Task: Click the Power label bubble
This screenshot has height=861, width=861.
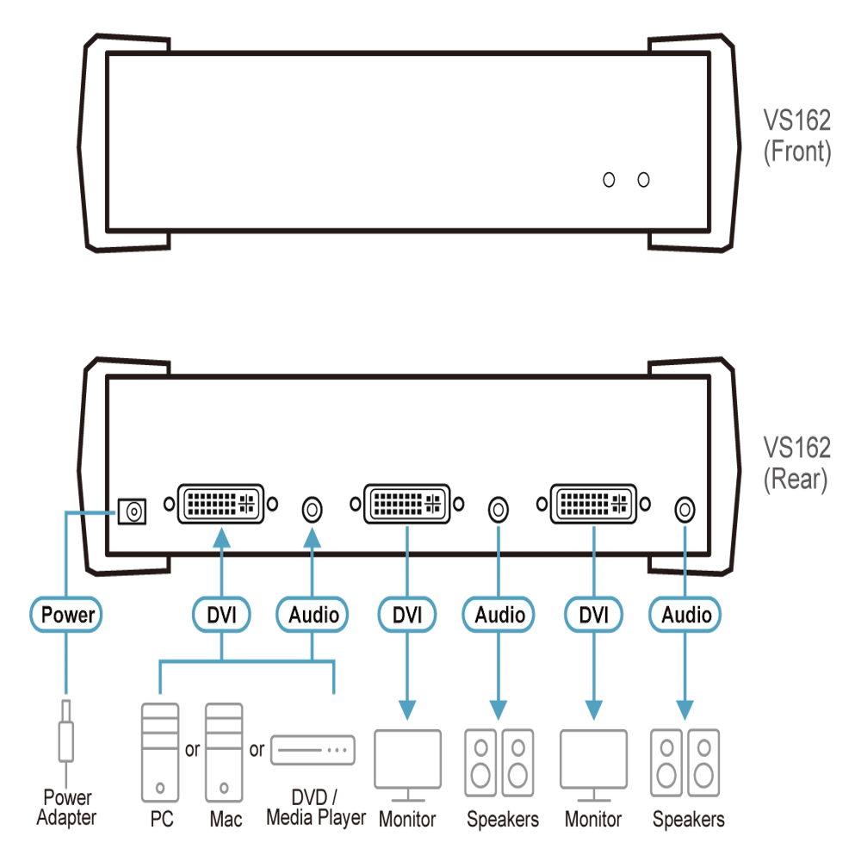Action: [66, 615]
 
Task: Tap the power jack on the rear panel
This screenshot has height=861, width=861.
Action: [133, 511]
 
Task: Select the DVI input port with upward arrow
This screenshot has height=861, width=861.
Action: [220, 504]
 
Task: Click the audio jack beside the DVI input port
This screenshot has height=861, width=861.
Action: [312, 510]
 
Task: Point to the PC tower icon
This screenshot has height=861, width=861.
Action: [160, 753]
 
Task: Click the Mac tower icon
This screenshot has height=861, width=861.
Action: [224, 753]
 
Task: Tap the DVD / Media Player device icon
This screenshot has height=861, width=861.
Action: [313, 750]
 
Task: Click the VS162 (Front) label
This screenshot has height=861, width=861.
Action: [796, 136]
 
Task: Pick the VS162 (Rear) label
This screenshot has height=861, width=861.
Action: [796, 463]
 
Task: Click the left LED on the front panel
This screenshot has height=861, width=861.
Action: [609, 180]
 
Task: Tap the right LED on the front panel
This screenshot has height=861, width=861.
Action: [643, 180]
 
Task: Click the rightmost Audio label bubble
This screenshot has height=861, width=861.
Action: [684, 615]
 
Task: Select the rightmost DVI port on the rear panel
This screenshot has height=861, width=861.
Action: [593, 504]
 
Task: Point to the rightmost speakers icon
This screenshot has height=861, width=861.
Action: [684, 763]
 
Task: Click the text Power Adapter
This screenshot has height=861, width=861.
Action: [66, 808]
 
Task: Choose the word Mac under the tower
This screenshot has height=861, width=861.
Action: [226, 820]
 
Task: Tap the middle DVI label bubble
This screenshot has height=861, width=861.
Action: [407, 615]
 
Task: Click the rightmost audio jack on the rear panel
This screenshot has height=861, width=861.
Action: [684, 510]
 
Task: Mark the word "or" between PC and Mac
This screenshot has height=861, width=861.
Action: [192, 750]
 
